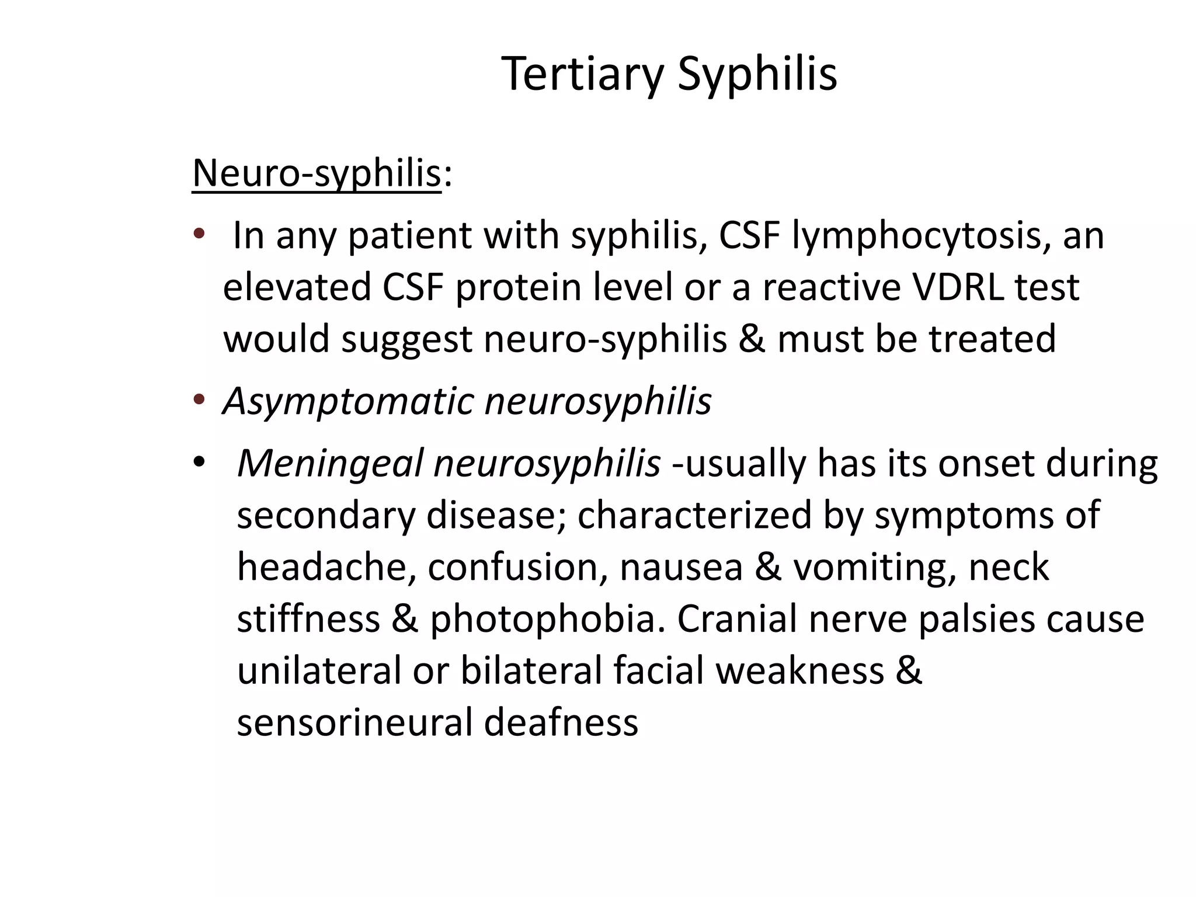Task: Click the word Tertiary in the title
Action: [582, 74]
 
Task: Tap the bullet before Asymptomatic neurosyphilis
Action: [199, 400]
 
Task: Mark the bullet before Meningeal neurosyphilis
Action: [199, 463]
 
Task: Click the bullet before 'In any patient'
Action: [199, 234]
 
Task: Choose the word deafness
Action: [561, 722]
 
